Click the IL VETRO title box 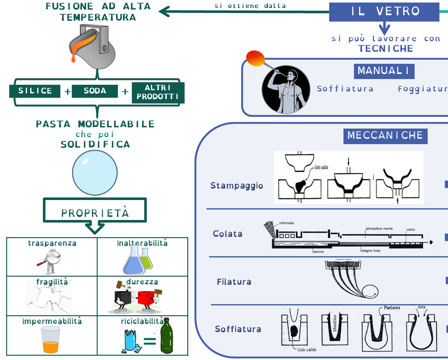click(384, 12)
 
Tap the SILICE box click(35, 91)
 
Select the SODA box click(95, 91)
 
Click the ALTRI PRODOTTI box click(158, 92)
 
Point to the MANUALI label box click(384, 71)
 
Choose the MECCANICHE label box click(385, 136)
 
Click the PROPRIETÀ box click(95, 211)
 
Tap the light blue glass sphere click(95, 173)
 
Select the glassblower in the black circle click(286, 90)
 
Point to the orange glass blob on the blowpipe click(255, 58)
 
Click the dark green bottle click(166, 336)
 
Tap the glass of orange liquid click(51, 340)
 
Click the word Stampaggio click(237, 186)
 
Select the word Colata click(227, 234)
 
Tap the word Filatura click(234, 282)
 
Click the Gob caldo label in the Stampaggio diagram click(321, 167)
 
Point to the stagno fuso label click(370, 250)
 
